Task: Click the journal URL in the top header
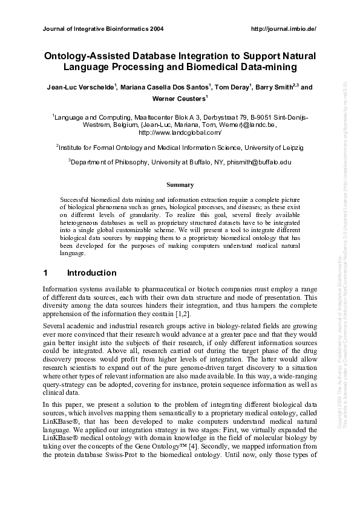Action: (x=283, y=28)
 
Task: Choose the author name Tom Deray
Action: (x=232, y=87)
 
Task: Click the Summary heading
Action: (x=180, y=184)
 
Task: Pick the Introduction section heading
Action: (x=91, y=273)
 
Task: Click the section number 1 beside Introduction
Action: (x=45, y=273)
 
